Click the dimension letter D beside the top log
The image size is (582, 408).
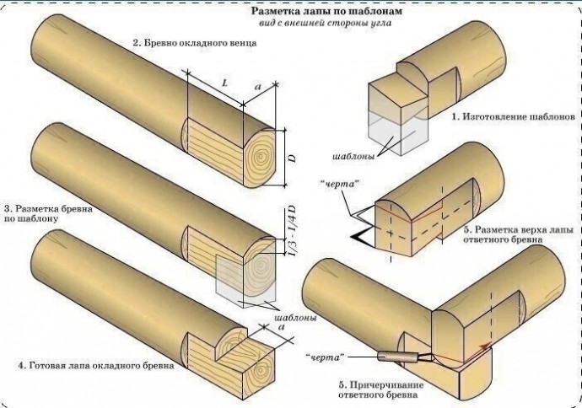293,158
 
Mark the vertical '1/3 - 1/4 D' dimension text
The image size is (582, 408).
292,239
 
